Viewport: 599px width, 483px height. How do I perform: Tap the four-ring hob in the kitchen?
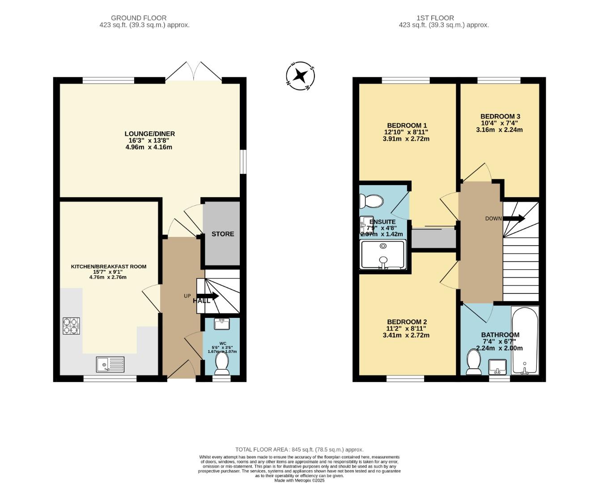click(x=71, y=326)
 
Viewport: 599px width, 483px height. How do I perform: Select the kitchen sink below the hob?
click(x=110, y=364)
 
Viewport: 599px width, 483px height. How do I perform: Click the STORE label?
click(x=222, y=234)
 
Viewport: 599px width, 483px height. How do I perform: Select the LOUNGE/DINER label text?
click(x=149, y=134)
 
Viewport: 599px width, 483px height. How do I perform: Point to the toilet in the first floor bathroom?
click(x=473, y=361)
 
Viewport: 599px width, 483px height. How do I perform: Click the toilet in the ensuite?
click(x=372, y=201)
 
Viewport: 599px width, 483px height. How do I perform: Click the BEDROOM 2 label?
click(x=407, y=322)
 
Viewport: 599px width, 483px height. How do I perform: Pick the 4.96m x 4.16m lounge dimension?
click(x=149, y=147)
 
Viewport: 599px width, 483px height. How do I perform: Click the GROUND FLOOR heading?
click(x=139, y=18)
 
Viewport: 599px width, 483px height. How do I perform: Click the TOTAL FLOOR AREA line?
click(x=299, y=449)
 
